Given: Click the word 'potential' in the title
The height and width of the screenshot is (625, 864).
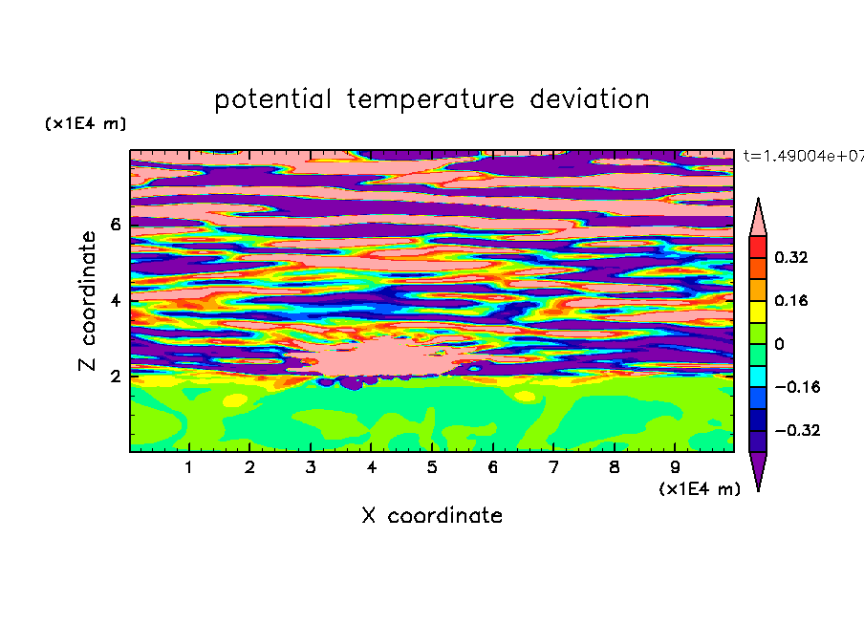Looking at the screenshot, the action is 272,100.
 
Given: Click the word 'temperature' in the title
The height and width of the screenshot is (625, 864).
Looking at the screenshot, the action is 431,100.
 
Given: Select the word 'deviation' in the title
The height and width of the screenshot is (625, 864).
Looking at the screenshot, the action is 590,99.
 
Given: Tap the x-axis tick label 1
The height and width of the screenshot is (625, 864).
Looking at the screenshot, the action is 189,467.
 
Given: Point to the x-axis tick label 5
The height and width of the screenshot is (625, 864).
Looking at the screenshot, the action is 432,467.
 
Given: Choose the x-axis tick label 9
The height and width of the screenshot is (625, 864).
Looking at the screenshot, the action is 675,467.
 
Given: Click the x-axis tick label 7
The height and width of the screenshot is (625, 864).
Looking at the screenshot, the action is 553,467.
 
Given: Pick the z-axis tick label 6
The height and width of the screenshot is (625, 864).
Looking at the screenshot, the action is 115,225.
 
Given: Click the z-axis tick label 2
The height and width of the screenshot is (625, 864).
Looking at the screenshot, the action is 115,377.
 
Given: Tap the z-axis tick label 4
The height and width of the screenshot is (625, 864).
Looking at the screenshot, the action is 115,301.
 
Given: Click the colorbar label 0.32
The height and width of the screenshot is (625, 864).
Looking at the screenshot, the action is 790,257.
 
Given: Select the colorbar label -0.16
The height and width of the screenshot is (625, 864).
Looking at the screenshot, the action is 797,387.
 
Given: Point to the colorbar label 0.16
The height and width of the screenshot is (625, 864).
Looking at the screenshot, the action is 790,300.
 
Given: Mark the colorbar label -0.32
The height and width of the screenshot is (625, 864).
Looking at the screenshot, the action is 797,430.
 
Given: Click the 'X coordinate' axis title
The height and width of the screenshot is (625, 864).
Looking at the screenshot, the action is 432,515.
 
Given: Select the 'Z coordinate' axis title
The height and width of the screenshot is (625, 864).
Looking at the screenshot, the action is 88,300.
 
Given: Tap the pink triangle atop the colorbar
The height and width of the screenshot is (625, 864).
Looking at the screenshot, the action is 758,218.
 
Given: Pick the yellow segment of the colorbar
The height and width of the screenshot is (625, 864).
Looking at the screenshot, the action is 758,312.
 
